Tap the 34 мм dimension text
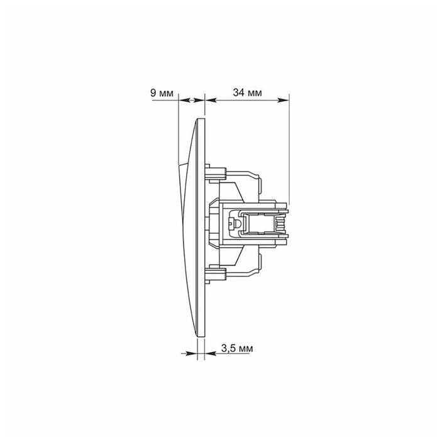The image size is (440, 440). [x=247, y=93]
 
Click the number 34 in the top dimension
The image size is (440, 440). [x=238, y=93]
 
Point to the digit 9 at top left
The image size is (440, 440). [x=153, y=93]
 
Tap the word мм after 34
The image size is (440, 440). [x=255, y=93]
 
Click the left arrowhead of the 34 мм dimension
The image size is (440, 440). [x=210, y=99]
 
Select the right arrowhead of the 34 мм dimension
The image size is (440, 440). [x=285, y=99]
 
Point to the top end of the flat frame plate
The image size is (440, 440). [x=202, y=120]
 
